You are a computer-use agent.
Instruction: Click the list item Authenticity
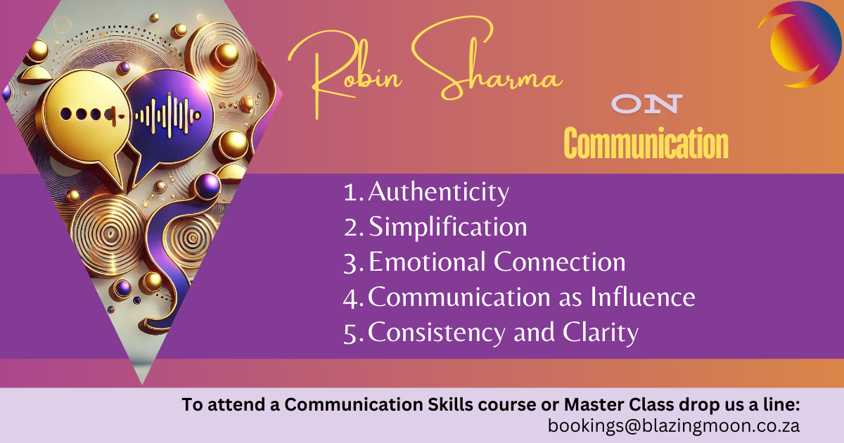(x=438, y=192)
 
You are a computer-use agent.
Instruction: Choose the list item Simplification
(x=448, y=227)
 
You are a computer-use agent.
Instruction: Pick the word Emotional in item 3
(x=427, y=262)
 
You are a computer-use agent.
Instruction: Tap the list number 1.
(x=351, y=193)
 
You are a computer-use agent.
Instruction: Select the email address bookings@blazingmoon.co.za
(x=674, y=425)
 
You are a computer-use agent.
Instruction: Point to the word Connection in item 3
(x=559, y=262)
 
